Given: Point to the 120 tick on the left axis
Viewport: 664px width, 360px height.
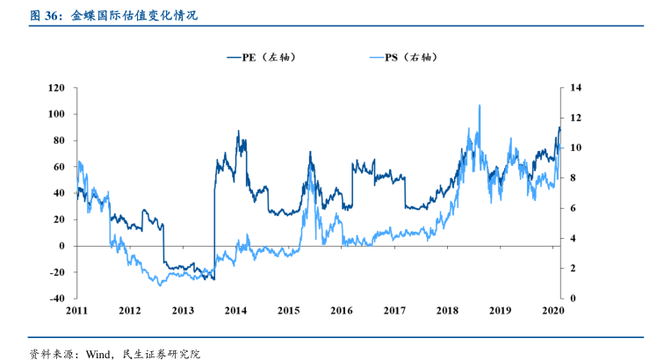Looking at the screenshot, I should (x=57, y=88).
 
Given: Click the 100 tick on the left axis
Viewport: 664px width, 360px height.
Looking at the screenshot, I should (x=57, y=114).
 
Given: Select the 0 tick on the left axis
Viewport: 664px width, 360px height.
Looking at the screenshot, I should (x=61, y=246).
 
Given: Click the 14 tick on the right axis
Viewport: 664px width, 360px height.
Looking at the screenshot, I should (x=576, y=88).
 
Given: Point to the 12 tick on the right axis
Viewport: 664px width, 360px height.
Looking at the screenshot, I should (x=576, y=118).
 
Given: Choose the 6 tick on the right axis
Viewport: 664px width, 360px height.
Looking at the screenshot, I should (x=574, y=208).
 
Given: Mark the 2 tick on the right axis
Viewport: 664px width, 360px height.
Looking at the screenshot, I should (x=574, y=269).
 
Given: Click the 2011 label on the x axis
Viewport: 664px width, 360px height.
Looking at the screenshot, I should (x=76, y=311).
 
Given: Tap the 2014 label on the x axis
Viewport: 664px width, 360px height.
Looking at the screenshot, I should (x=235, y=311).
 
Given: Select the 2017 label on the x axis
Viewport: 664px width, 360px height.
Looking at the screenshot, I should (x=394, y=311).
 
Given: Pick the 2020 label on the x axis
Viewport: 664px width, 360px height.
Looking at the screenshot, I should (x=552, y=311).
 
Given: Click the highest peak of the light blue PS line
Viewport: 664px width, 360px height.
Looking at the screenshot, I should (x=480, y=105).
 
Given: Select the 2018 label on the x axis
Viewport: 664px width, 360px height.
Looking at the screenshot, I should (x=447, y=311).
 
